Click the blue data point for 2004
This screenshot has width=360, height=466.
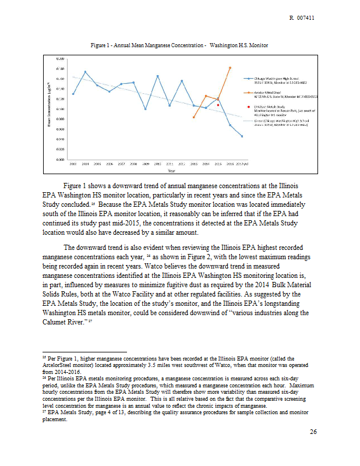point(85,72)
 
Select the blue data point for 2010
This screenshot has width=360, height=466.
point(157,76)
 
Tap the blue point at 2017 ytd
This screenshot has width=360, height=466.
point(242,136)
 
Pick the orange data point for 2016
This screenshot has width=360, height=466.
point(230,68)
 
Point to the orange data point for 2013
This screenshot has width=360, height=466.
point(193,117)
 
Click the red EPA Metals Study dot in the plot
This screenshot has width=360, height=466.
point(218,105)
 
